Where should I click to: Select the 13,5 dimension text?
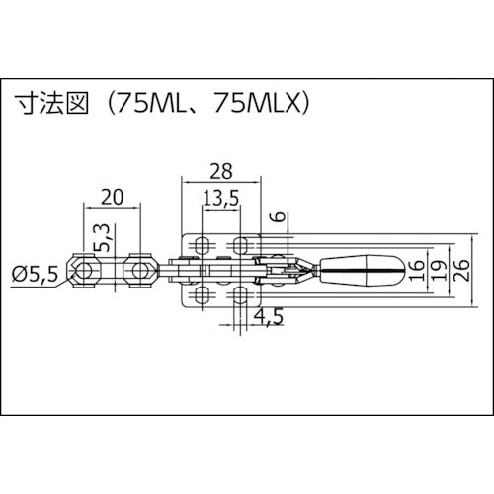point(220,198)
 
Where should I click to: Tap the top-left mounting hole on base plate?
point(202,244)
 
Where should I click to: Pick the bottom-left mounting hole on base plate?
point(202,293)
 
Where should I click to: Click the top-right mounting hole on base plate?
point(240,244)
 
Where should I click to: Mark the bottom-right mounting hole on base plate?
point(240,293)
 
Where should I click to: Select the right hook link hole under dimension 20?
point(140,268)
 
